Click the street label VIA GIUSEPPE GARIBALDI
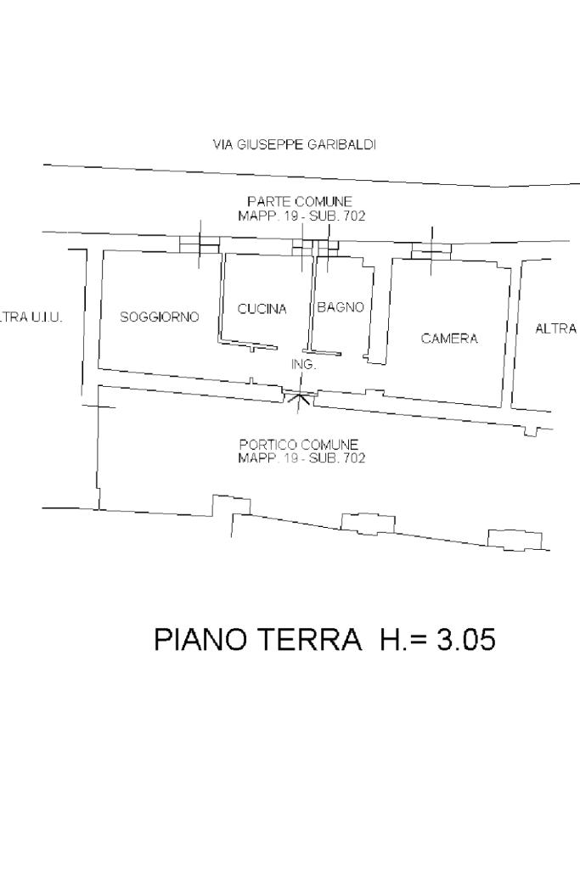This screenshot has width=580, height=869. pos(294,145)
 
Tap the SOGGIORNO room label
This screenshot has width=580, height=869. pos(160,317)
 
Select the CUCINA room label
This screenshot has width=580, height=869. pos(262,310)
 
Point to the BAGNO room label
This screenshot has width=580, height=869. pos(341,308)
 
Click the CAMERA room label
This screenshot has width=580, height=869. pos(449,339)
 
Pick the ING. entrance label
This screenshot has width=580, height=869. pos(303,364)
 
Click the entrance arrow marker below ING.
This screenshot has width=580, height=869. pos(298,395)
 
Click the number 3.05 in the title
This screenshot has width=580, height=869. pos(465,640)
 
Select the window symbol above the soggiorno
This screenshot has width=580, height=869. pos(200,244)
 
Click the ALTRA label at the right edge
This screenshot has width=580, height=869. pos(556,329)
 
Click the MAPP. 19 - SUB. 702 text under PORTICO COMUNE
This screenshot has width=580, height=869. pos(301,458)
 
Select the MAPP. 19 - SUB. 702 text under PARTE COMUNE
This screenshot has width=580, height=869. pos(301,216)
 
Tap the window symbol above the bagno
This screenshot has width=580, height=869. pos(328,246)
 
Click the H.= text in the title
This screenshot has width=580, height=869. pos(401,640)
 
